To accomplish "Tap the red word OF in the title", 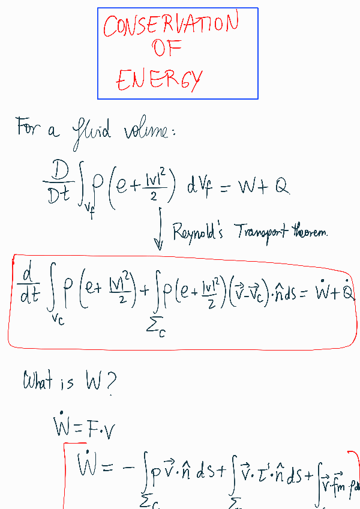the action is click(x=167, y=47).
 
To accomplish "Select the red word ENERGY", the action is click(x=160, y=77).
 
